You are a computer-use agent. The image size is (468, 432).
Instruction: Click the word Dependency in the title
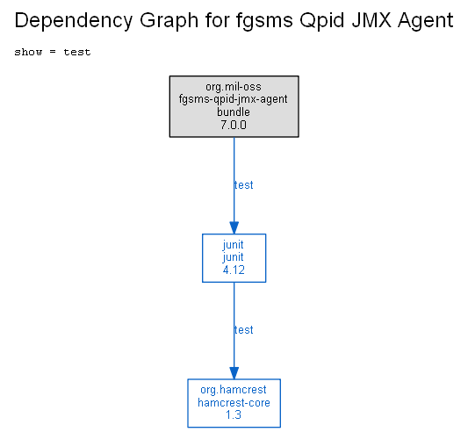click(73, 21)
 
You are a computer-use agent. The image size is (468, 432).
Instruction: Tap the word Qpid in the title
click(322, 21)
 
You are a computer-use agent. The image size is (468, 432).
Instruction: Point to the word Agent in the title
click(426, 21)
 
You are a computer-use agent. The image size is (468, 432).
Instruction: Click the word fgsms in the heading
click(264, 21)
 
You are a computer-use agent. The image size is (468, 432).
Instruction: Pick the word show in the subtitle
click(28, 53)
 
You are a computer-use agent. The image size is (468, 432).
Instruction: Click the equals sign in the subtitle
click(53, 53)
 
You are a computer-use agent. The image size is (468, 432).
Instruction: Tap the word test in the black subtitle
click(77, 53)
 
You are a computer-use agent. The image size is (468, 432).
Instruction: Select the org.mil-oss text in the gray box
click(234, 87)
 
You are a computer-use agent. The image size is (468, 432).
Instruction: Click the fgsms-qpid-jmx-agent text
click(234, 99)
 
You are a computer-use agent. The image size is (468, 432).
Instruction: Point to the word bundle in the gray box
click(234, 112)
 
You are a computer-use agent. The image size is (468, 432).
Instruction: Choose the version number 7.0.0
click(234, 125)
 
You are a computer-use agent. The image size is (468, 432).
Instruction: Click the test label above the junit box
click(243, 185)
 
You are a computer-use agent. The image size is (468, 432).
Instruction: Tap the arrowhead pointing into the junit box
click(234, 227)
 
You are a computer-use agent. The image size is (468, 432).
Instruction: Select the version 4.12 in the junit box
click(234, 270)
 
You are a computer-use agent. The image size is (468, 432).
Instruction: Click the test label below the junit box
click(243, 330)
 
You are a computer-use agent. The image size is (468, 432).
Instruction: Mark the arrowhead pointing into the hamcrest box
click(234, 373)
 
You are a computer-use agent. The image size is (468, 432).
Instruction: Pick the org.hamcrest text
click(234, 390)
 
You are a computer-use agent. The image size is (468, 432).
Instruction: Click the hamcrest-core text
click(234, 403)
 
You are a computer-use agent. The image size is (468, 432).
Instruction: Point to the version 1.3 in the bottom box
click(234, 415)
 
